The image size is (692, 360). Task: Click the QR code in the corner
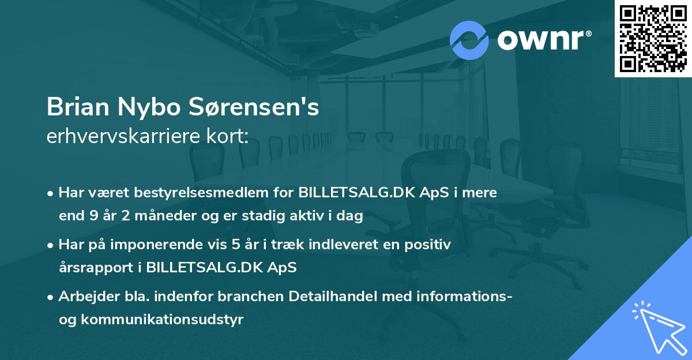[653, 38]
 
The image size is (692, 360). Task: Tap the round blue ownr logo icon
[469, 40]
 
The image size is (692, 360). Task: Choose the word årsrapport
[95, 268]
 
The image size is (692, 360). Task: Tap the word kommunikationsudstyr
[161, 320]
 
